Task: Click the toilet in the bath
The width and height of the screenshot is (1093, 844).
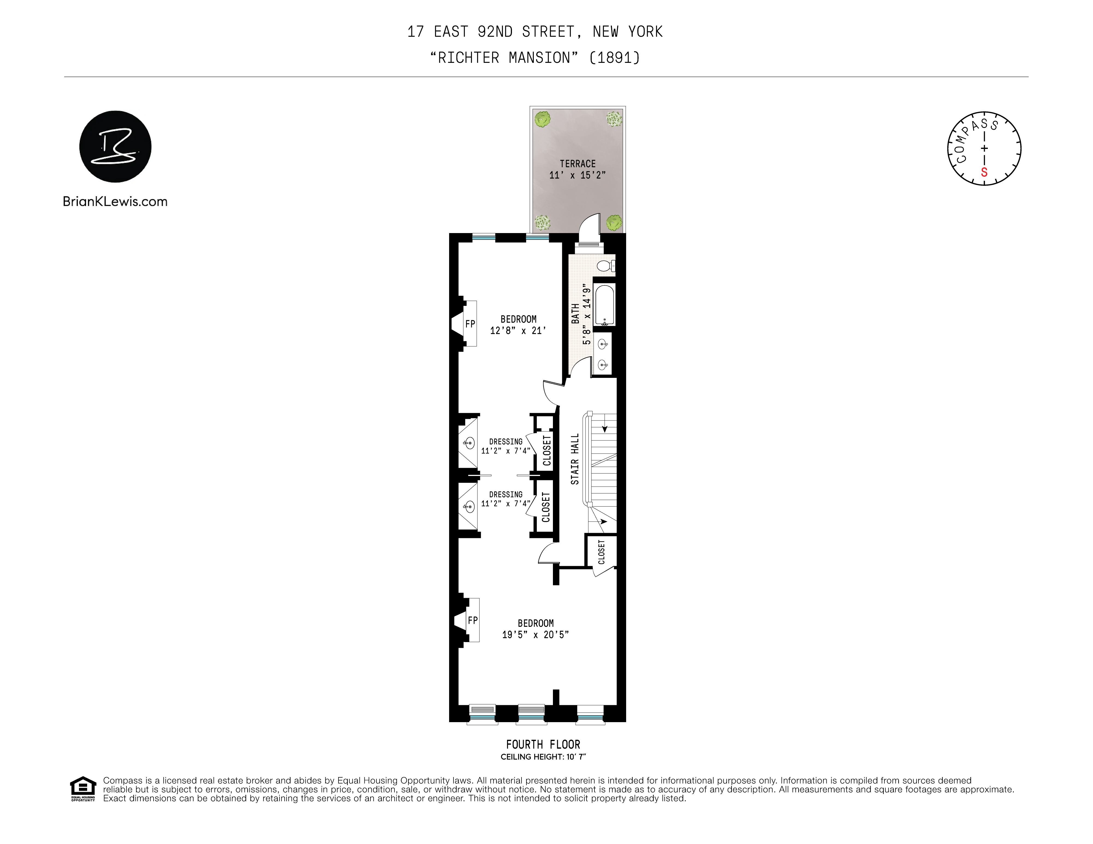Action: (606, 265)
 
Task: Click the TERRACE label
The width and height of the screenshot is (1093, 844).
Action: (578, 164)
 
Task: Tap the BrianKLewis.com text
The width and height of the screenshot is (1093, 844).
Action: (115, 202)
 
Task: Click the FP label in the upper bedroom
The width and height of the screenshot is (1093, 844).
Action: (470, 324)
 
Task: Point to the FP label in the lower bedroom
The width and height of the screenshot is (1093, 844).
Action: (472, 620)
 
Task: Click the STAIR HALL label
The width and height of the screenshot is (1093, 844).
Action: (575, 458)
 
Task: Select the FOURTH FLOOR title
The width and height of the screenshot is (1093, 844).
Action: (543, 744)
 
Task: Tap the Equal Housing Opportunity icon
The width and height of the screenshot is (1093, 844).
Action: (83, 789)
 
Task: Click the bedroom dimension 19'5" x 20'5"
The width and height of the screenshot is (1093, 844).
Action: (535, 635)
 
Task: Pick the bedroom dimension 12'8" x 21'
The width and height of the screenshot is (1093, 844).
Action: (518, 331)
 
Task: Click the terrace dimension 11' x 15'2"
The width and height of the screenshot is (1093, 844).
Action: (578, 175)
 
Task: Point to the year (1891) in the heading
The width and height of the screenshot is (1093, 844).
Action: (615, 58)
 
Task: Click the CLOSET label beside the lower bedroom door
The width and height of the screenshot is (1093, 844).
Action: (601, 552)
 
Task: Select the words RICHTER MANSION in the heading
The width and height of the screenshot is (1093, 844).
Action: (504, 58)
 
